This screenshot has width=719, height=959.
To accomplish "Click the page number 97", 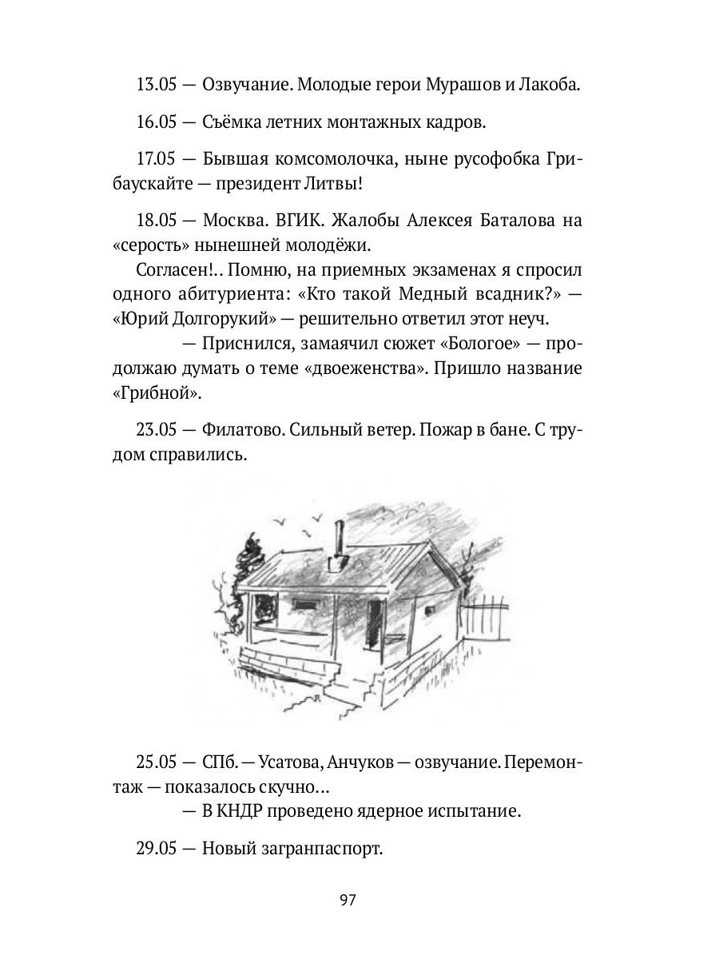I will [x=347, y=900].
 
